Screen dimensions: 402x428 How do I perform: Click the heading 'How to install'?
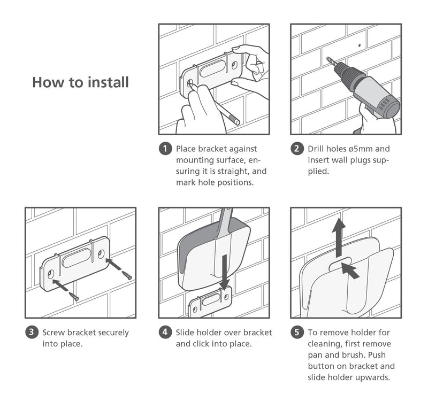point(80,82)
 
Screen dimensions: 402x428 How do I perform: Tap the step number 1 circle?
point(165,149)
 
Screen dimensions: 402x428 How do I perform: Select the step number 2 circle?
point(297,149)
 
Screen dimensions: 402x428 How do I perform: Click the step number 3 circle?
point(32,332)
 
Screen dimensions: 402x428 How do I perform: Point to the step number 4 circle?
point(165,332)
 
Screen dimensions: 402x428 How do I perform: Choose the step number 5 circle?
point(297,332)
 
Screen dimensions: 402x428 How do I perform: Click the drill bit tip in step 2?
point(328,60)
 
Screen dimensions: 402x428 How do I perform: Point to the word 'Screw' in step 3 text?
point(55,333)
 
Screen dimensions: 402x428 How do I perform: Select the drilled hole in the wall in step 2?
point(360,45)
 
